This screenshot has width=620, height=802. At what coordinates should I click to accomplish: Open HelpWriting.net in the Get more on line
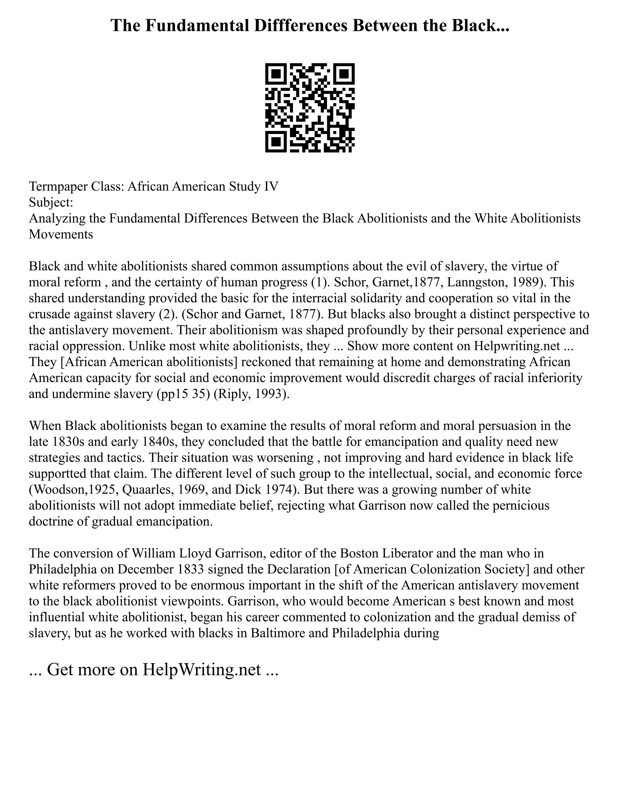[202, 670]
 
